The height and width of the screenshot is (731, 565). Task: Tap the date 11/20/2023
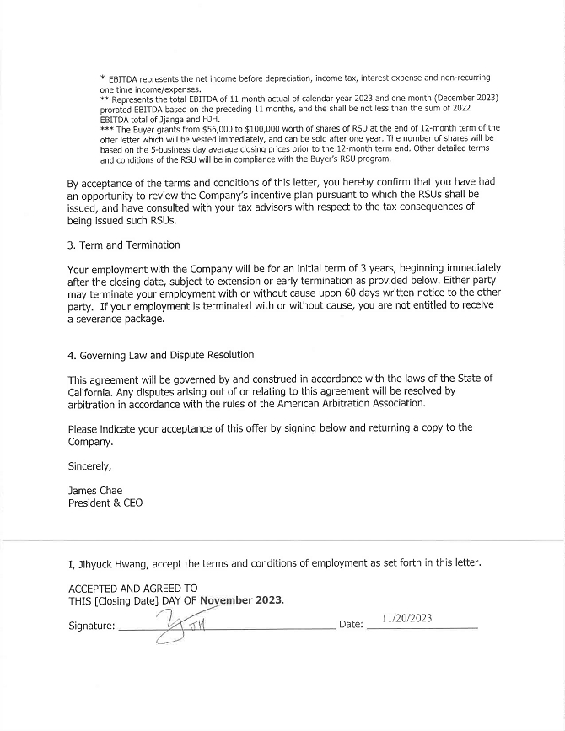(406, 618)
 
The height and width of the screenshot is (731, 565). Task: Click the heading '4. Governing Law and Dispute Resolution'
(160, 355)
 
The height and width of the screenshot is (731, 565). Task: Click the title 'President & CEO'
(105, 503)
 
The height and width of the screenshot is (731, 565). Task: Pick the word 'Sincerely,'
(89, 465)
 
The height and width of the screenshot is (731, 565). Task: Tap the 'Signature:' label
(91, 626)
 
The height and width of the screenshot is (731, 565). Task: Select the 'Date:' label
(350, 625)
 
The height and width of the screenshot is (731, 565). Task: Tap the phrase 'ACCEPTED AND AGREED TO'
(132, 588)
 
